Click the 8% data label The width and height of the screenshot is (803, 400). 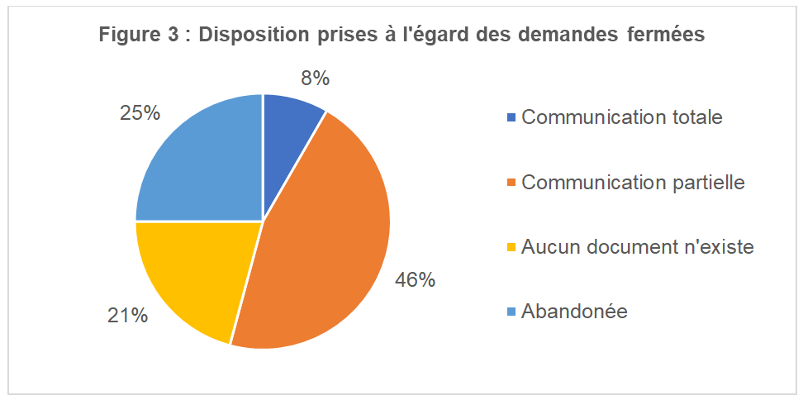(315, 79)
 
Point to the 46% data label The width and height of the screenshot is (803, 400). (415, 280)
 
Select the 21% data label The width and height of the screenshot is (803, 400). (128, 315)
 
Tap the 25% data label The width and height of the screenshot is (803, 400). (140, 113)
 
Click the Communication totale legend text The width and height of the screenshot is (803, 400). (622, 117)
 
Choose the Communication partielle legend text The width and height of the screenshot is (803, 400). (633, 182)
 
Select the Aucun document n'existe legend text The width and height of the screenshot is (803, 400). (638, 246)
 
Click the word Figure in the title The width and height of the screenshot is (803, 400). (126, 36)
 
